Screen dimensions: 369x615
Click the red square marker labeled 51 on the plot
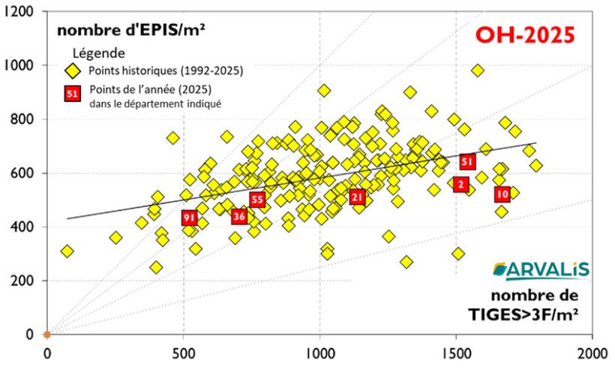467,162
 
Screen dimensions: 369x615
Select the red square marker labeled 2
460,184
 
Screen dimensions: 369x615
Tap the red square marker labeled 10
502,194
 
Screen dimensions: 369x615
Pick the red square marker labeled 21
357,197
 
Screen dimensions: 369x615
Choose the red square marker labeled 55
257,199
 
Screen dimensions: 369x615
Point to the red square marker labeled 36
239,217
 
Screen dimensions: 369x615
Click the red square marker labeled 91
189,217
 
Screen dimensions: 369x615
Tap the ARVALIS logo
541,271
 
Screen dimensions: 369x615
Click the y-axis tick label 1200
22,12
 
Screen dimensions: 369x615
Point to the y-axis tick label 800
25,119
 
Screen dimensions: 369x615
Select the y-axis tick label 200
25,280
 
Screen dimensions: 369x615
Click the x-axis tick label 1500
457,352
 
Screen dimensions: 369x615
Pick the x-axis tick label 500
184,352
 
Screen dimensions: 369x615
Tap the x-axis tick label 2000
592,352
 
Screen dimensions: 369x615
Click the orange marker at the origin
46,334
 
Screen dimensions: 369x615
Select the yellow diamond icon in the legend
72,71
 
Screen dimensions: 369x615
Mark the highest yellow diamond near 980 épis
478,71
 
